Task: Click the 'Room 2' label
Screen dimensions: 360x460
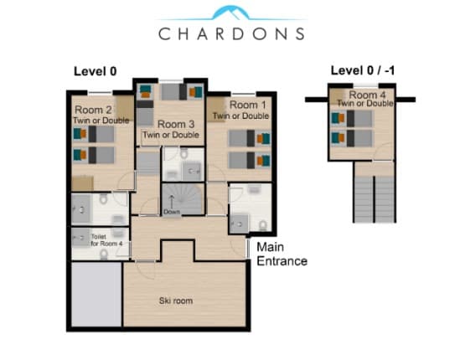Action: click(x=92, y=110)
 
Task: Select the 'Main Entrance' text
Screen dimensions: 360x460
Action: click(x=282, y=254)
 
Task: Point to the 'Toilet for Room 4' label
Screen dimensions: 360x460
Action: click(x=106, y=240)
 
